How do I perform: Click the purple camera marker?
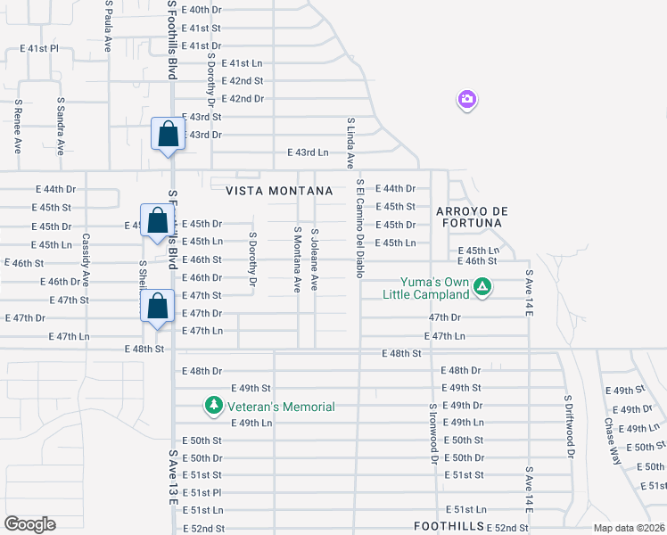[466, 100]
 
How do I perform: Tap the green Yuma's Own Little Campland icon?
[482, 287]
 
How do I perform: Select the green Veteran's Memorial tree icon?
[213, 407]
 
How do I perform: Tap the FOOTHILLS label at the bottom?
[449, 526]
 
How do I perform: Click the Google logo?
[29, 524]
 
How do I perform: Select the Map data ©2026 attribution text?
[629, 528]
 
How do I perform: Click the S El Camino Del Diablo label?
[360, 228]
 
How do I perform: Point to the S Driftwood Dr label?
[568, 426]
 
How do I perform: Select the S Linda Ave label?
[350, 143]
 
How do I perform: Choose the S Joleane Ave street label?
[315, 259]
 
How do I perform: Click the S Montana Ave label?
[297, 259]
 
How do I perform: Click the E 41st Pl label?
[42, 48]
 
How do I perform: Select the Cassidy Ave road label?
[86, 259]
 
